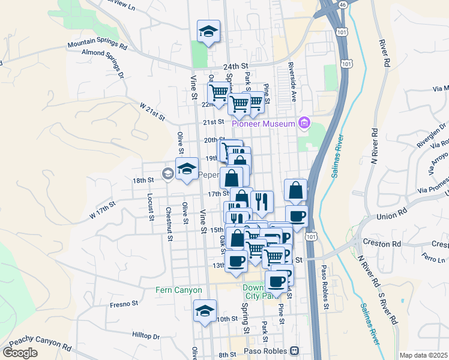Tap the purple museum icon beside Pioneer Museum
(x=304, y=124)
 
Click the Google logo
(x=20, y=352)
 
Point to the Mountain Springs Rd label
(x=97, y=45)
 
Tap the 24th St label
(x=235, y=66)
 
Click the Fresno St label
(x=124, y=304)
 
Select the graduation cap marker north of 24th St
(x=208, y=32)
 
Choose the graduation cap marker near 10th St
(x=205, y=311)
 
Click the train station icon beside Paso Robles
(x=294, y=350)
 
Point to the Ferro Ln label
(x=431, y=259)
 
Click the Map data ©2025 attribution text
(x=424, y=355)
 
